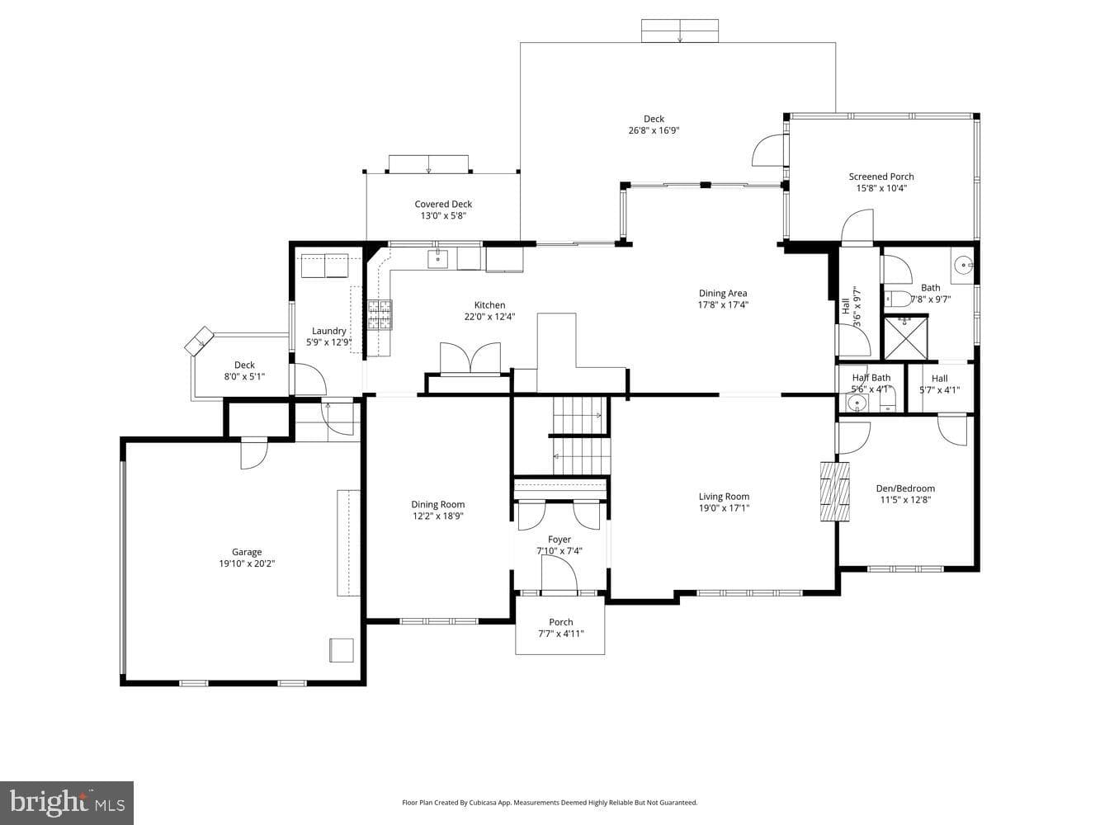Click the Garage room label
coord(247,552)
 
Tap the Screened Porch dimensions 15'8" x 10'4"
coord(881,188)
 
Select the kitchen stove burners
coord(380,315)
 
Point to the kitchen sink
coord(438,259)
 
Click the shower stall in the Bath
coord(905,337)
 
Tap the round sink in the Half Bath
coord(857,403)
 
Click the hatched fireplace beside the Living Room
coord(835,492)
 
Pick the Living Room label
coord(725,497)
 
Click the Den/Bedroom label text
coord(905,488)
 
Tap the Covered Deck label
coord(443,204)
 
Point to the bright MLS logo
coord(67,803)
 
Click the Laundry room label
coord(328,331)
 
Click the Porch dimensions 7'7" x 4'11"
coord(561,634)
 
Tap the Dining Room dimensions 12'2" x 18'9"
coord(438,516)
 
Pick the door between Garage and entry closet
coord(254,453)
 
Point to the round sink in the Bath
coord(962,263)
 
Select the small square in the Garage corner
coord(342,650)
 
